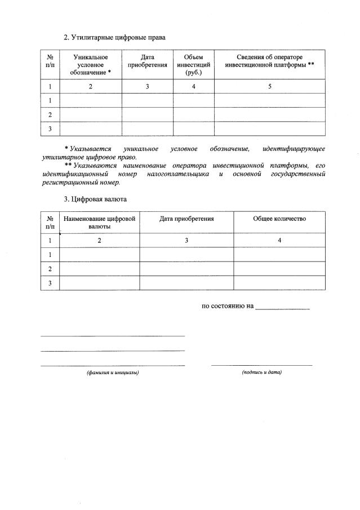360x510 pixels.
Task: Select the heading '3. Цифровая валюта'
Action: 95,199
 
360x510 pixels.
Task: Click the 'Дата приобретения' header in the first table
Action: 147,61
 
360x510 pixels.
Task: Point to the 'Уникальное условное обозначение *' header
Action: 91,65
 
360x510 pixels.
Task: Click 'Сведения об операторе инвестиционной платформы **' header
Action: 269,61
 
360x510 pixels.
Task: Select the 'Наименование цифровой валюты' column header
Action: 100,222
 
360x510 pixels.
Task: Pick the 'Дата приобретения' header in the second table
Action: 186,219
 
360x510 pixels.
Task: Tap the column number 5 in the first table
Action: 269,87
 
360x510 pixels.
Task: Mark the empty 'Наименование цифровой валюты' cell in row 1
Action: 100,255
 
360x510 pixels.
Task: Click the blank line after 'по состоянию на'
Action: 282,308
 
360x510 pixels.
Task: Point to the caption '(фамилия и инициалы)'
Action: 113,373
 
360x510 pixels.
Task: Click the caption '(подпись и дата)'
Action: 261,372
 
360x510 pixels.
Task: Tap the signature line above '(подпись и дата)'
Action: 261,365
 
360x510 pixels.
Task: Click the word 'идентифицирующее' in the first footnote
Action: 294,148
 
